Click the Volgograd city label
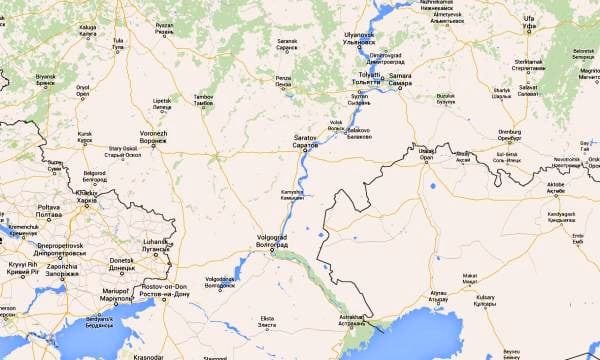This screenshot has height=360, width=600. (x=259, y=240)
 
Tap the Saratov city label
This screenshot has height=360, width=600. (x=304, y=140)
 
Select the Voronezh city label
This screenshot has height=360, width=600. (x=153, y=137)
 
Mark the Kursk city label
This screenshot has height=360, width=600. (x=85, y=137)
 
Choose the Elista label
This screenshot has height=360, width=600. (x=267, y=323)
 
